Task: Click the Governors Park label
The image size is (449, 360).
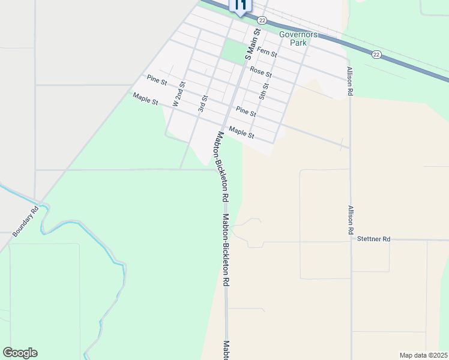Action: [x=294, y=38]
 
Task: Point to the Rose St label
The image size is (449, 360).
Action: [x=261, y=72]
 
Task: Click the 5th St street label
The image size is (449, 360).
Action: [x=263, y=89]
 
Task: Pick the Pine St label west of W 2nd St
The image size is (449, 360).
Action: [x=156, y=80]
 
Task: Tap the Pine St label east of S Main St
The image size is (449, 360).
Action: [x=246, y=112]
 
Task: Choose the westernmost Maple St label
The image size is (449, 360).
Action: [x=145, y=98]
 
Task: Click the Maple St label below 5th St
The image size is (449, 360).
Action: [x=242, y=133]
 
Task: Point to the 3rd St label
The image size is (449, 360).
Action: [x=203, y=103]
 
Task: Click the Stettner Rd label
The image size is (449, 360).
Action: [x=373, y=239]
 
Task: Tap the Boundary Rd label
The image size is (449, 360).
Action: [x=25, y=221]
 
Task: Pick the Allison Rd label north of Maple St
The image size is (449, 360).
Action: [x=349, y=81]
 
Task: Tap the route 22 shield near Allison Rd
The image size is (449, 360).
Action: [x=376, y=55]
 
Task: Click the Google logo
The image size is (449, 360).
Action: [x=20, y=353]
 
